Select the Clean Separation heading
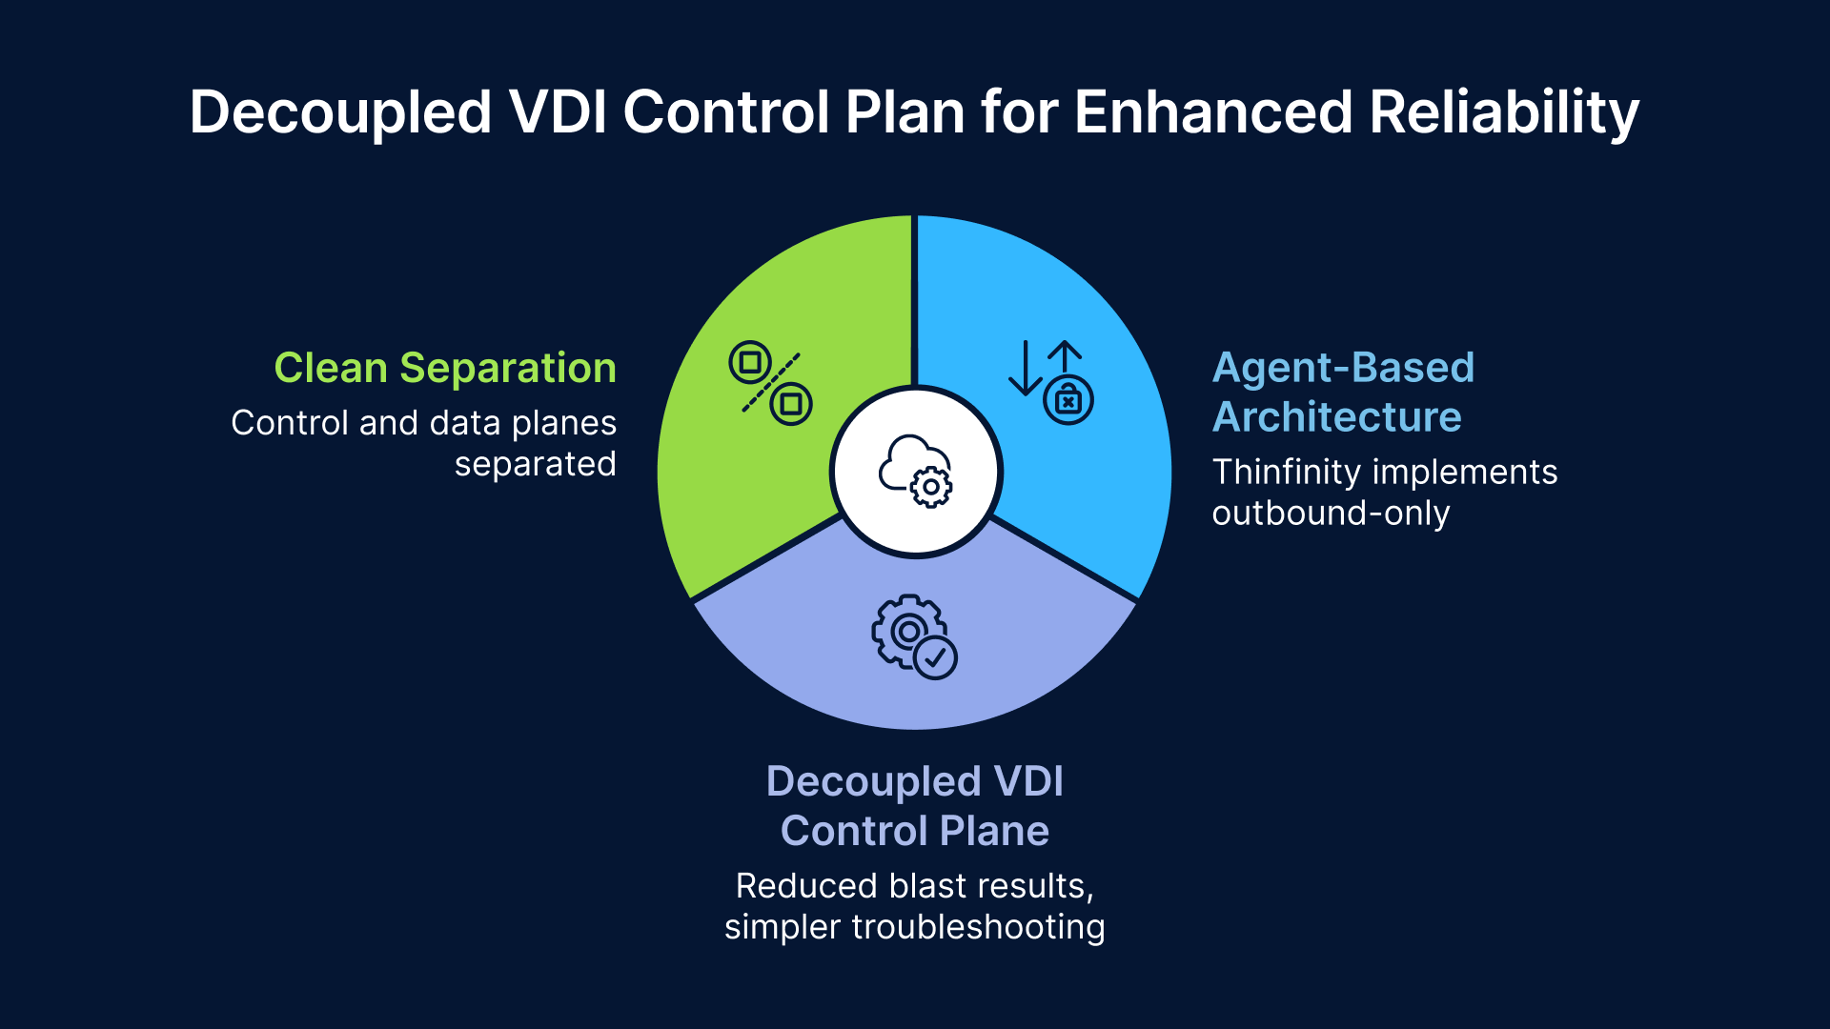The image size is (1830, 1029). point(445,368)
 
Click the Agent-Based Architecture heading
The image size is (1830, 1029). point(1342,392)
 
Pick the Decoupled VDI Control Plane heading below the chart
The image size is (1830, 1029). point(914,806)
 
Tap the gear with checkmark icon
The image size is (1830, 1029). point(913,636)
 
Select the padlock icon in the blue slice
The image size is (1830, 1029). point(1067,400)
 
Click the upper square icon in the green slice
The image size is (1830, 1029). point(750,362)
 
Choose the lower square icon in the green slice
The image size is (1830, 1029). point(791,404)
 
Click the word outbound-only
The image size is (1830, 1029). point(1331,513)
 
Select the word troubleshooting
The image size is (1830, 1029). point(978,926)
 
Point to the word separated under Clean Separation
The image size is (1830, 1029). point(535,464)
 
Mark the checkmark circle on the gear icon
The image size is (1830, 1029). point(935,657)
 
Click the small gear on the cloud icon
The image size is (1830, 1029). point(930,487)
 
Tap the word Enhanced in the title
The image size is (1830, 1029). point(1213,112)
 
